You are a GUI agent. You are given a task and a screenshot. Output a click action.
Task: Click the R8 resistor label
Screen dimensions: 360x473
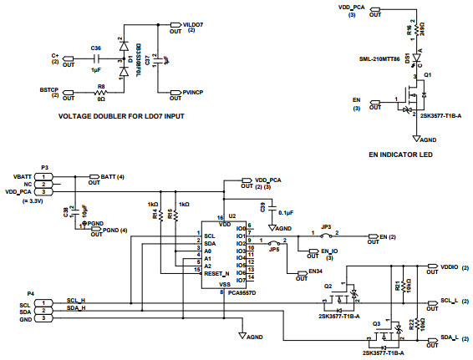click(x=100, y=86)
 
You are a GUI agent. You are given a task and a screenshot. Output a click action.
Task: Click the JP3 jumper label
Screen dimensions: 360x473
click(x=326, y=226)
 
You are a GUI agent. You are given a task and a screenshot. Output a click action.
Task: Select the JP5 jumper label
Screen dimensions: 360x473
click(x=273, y=247)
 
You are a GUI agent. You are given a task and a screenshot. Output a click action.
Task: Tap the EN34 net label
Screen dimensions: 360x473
click(x=315, y=271)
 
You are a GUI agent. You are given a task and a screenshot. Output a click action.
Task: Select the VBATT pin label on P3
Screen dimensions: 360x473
click(x=23, y=176)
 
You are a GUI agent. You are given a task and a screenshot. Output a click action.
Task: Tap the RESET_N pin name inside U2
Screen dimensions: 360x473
click(x=216, y=271)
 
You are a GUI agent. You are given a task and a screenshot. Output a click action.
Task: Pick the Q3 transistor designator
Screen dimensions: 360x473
click(x=377, y=322)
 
